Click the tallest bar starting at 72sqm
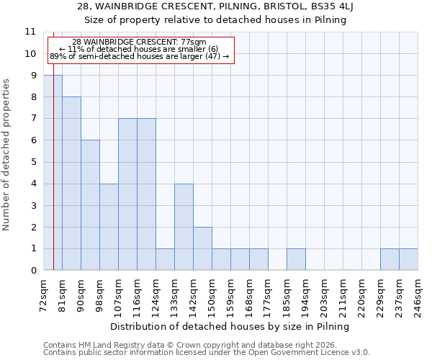pyautogui.click(x=53, y=173)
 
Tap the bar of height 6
pyautogui.click(x=90, y=205)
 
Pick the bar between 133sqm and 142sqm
pyautogui.click(x=184, y=227)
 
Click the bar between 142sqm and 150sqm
pyautogui.click(x=202, y=248)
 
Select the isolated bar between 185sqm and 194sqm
pyautogui.click(x=296, y=259)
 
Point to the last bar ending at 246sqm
pyautogui.click(x=408, y=259)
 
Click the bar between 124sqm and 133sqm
pyautogui.click(x=165, y=259)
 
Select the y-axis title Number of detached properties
pyautogui.click(x=7, y=154)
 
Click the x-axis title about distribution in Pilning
pyautogui.click(x=230, y=326)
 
